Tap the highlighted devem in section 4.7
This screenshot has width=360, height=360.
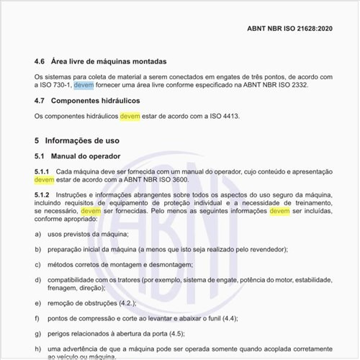pyautogui.click(x=130, y=116)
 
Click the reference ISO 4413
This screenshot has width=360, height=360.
pyautogui.click(x=220, y=116)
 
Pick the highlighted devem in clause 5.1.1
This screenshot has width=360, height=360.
pyautogui.click(x=45, y=180)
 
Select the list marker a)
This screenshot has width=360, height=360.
pyautogui.click(x=37, y=235)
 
